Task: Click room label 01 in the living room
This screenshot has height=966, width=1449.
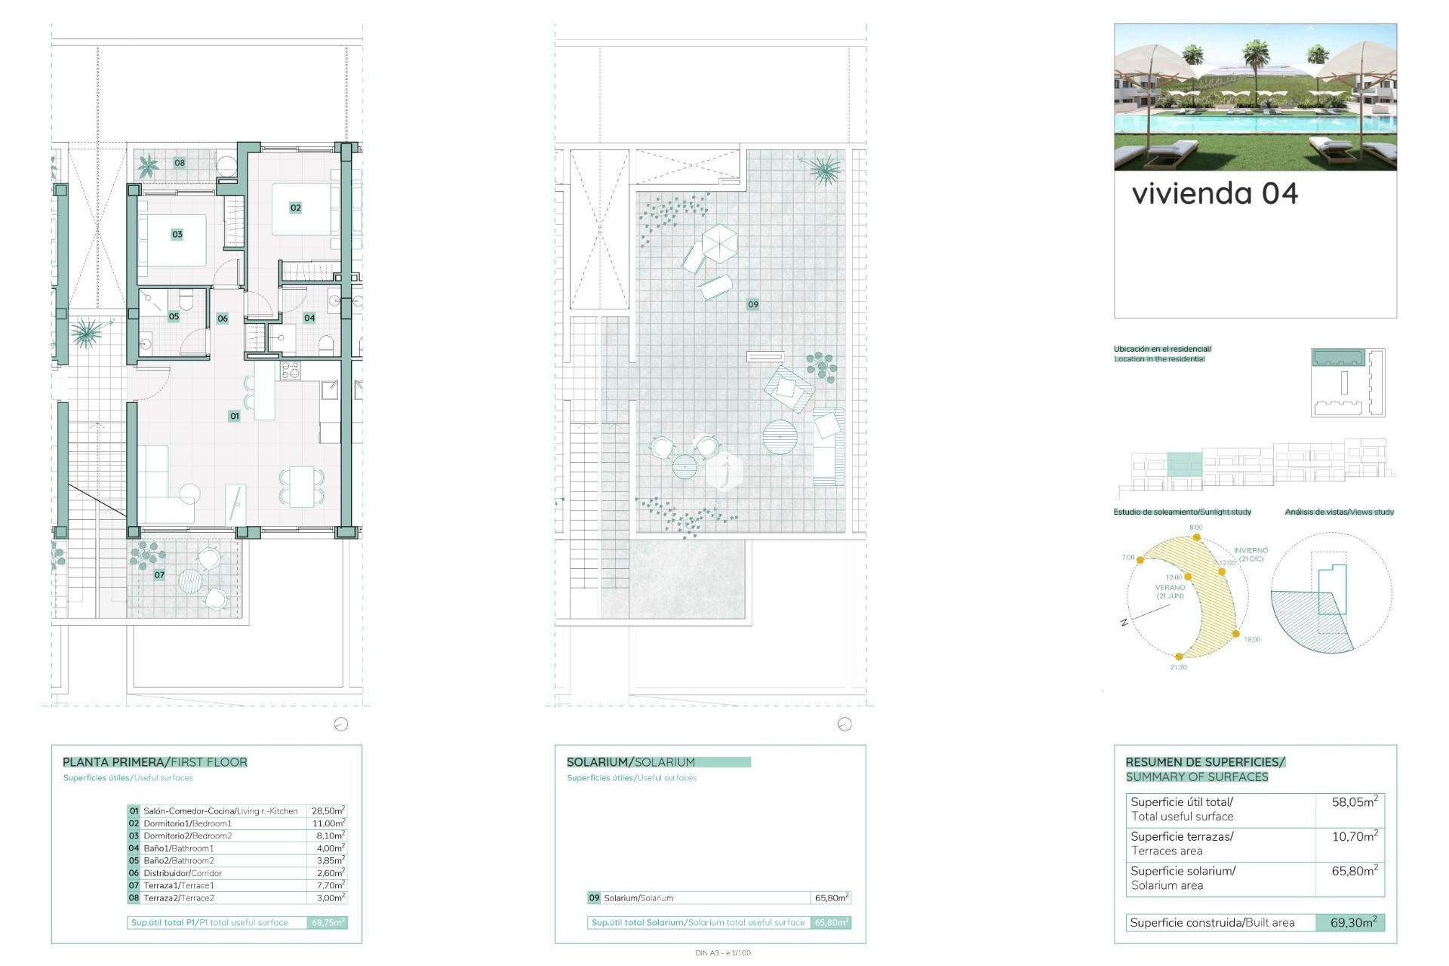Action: pos(235,416)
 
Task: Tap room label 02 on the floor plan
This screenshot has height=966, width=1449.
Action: pos(295,208)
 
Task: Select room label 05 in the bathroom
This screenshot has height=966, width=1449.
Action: pos(174,316)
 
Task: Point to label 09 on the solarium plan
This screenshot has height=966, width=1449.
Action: pos(752,304)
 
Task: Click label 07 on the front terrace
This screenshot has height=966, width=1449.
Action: pos(159,575)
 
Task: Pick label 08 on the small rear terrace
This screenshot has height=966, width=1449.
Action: pos(180,163)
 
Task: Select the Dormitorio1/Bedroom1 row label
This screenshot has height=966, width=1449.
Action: pos(187,823)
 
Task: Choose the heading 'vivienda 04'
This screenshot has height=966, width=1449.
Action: pos(1215,194)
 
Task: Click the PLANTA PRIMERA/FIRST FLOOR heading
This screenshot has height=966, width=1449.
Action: pos(155,762)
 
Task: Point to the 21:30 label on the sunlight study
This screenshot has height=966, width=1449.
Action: pos(1178,667)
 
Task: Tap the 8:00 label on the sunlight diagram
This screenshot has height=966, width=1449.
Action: pos(1196,528)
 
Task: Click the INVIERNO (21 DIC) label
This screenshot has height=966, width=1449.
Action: pos(1251,555)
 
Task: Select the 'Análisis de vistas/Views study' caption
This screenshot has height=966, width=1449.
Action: pos(1339,512)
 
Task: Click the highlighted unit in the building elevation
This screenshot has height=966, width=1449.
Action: pos(1184,464)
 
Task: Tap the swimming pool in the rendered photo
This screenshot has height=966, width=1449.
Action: pos(1253,123)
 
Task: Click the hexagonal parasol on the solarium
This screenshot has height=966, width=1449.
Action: pos(719,242)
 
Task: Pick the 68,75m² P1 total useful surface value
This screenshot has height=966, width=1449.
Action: pos(328,922)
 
